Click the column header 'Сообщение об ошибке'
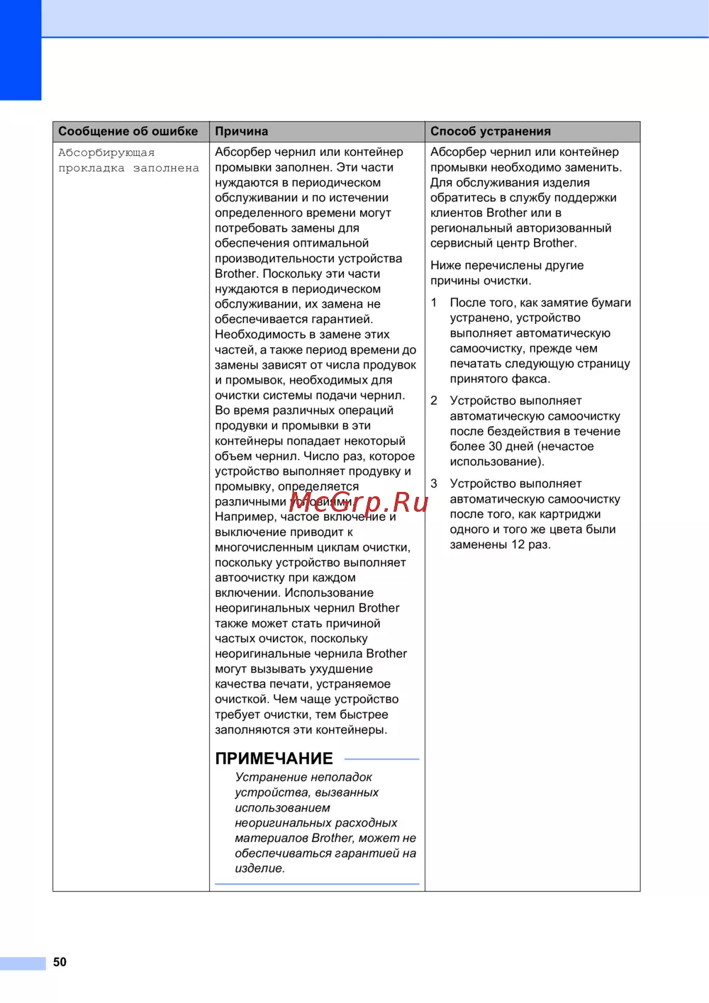pyautogui.click(x=128, y=131)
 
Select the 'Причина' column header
pyautogui.click(x=242, y=131)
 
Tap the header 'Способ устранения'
pyautogui.click(x=491, y=131)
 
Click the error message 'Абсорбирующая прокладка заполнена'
pyautogui.click(x=128, y=160)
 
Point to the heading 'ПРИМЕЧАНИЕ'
pyautogui.click(x=274, y=758)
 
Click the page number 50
pyautogui.click(x=60, y=962)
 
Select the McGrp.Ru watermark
pyautogui.click(x=359, y=503)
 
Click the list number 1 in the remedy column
pyautogui.click(x=434, y=303)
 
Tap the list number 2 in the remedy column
pyautogui.click(x=434, y=400)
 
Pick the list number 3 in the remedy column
pyautogui.click(x=434, y=483)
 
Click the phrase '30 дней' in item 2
pyautogui.click(x=510, y=447)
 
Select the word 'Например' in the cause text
pyautogui.click(x=245, y=517)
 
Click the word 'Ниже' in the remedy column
pyautogui.click(x=445, y=265)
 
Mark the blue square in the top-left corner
pyautogui.click(x=21, y=50)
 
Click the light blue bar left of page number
pyautogui.click(x=23, y=963)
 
